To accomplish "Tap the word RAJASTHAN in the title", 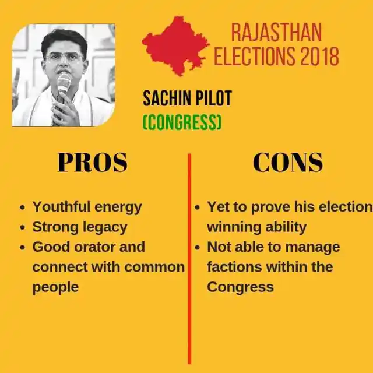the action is [276, 33].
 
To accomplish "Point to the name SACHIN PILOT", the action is [187, 98].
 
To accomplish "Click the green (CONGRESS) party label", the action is [182, 122].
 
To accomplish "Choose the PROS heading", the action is [93, 162].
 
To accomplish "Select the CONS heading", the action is [288, 162].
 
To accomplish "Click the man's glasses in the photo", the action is [64, 57].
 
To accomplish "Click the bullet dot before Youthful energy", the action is [23, 207].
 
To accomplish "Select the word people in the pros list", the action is [55, 288].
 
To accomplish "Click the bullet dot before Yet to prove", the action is [197, 207].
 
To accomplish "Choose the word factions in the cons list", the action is [234, 267].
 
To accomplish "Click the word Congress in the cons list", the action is [240, 288].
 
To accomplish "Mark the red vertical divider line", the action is [189, 259].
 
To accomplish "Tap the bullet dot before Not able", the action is [197, 248].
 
